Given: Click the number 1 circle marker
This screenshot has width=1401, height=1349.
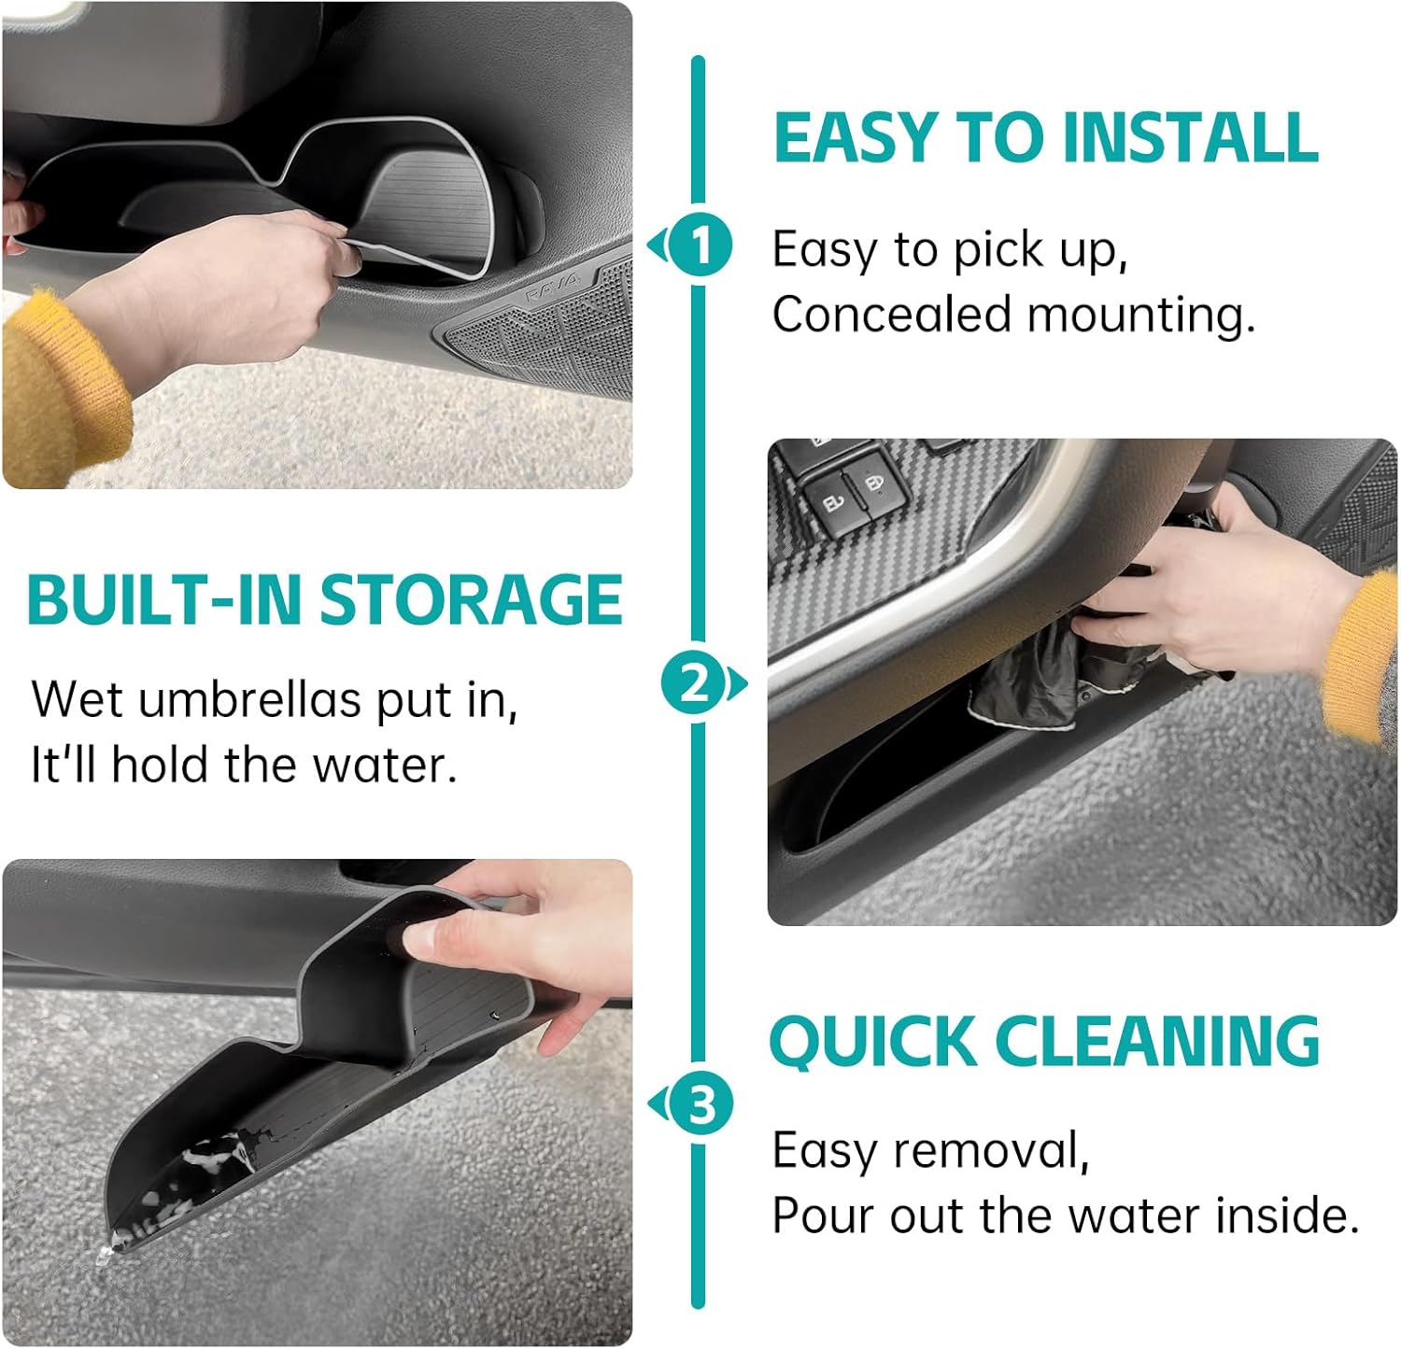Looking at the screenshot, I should point(699,246).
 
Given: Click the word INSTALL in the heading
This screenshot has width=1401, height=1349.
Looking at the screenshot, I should point(1190,137).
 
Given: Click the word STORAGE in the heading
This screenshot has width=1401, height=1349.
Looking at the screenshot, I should point(471,599).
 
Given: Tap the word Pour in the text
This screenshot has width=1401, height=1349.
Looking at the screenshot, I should point(823,1216).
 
